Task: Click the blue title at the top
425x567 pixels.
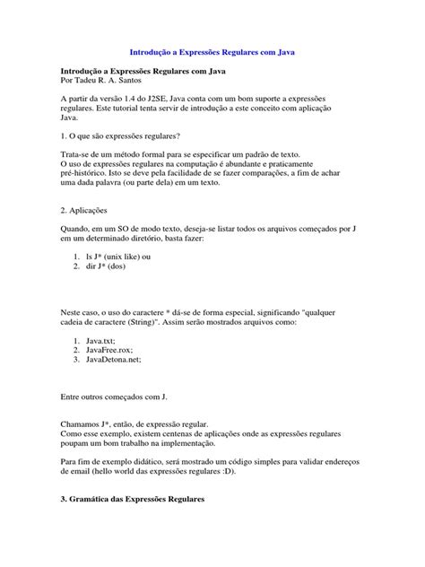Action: coord(212,53)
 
